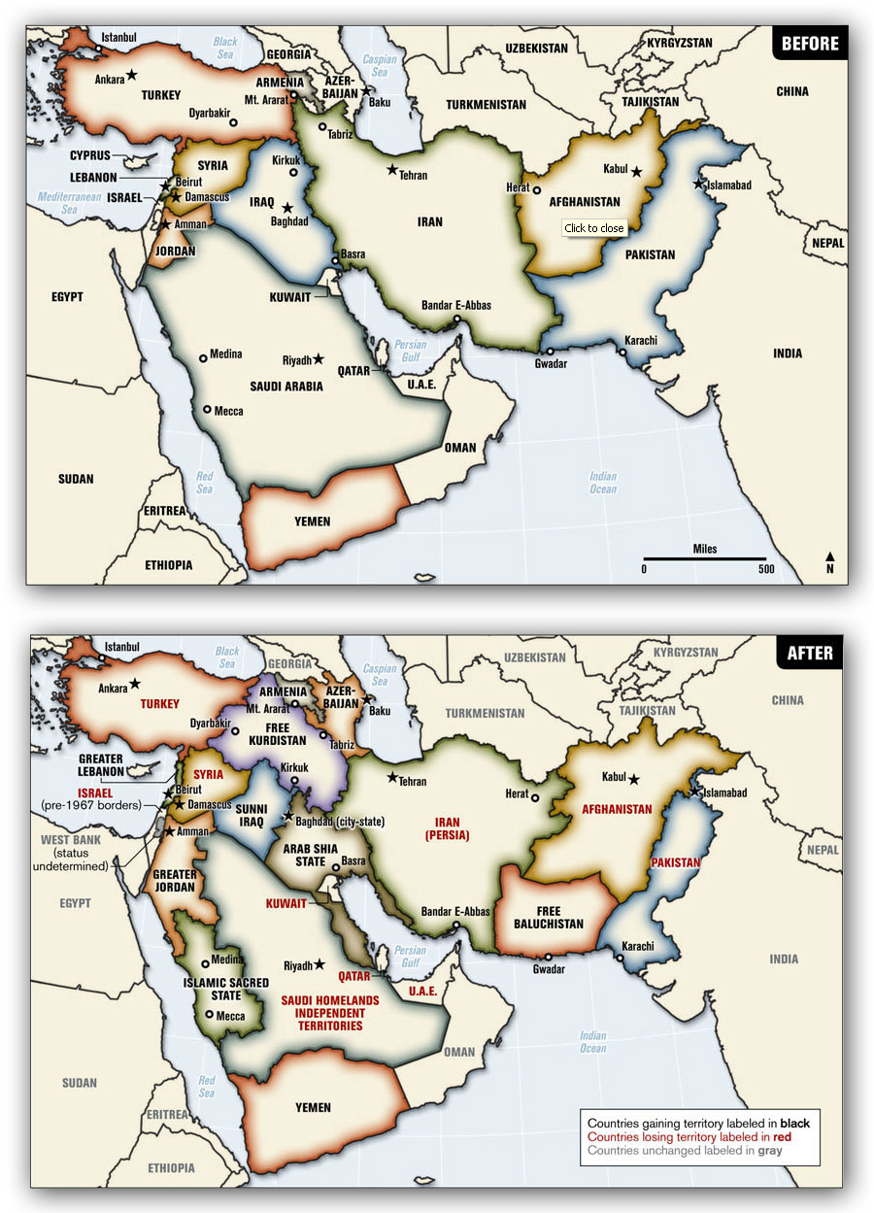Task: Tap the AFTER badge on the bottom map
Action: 809,653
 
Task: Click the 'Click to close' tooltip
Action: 594,228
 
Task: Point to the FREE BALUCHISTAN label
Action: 549,917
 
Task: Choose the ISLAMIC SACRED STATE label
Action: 225,989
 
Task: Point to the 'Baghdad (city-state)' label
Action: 341,822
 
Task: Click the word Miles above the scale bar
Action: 705,549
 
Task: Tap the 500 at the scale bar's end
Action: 765,570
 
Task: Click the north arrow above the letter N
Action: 829,556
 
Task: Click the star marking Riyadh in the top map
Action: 319,358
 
